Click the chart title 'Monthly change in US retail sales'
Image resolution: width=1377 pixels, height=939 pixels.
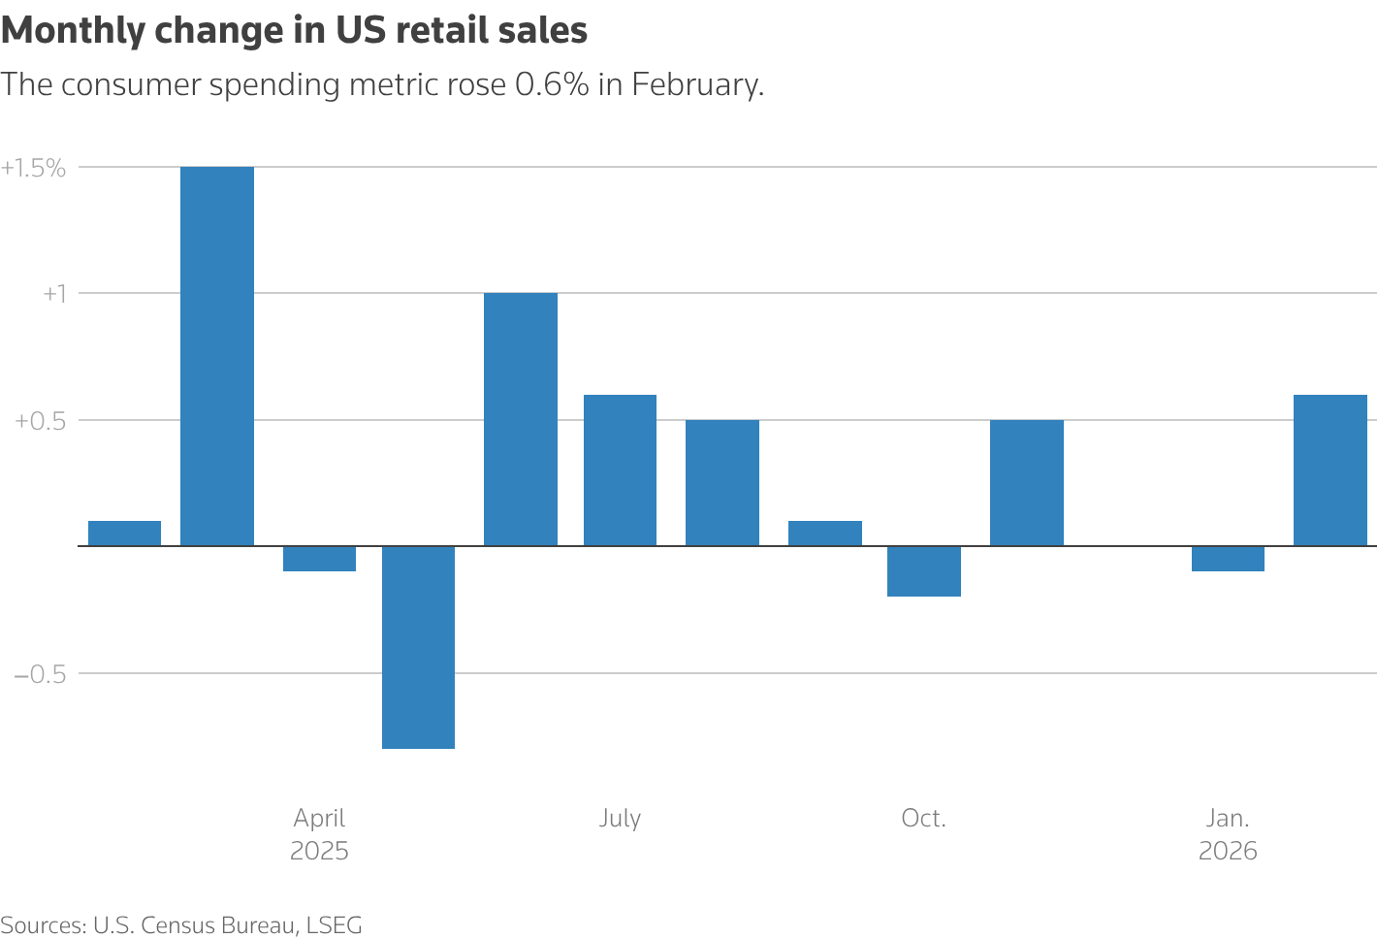(294, 31)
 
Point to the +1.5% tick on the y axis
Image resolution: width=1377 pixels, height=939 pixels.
(34, 168)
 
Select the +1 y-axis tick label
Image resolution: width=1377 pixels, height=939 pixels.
(53, 294)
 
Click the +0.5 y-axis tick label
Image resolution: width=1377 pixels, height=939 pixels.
(40, 421)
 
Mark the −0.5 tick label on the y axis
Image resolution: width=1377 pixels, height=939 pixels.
(40, 674)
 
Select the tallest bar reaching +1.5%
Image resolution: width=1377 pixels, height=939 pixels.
(217, 356)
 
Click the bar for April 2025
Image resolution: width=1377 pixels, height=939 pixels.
(319, 559)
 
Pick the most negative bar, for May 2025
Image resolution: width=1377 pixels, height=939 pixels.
(418, 647)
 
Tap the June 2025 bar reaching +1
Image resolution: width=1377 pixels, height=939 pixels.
(521, 419)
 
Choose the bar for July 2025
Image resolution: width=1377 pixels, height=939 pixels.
(620, 470)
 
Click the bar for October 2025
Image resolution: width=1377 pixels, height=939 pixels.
(923, 571)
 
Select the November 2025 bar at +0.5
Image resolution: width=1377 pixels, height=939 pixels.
(1026, 483)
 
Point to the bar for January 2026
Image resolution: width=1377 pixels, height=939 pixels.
(1228, 559)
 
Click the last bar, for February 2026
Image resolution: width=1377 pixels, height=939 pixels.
(1329, 470)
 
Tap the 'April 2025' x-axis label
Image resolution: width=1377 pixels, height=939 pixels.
(319, 834)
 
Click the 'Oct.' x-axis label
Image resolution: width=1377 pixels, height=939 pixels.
(923, 819)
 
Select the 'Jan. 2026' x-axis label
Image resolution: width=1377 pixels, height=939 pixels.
(1228, 834)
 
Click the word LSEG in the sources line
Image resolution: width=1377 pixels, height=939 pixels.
(334, 925)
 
